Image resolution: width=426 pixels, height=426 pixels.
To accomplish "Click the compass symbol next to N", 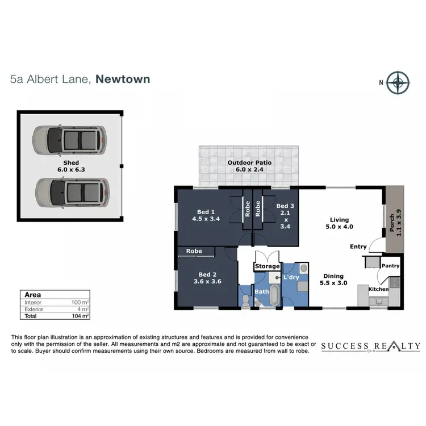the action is [x=399, y=82].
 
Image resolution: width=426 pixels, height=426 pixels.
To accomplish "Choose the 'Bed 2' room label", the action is [x=206, y=275].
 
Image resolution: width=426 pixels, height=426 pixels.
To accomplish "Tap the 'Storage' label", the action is [x=267, y=266].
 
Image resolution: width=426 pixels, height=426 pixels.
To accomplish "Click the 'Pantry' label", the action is [x=391, y=265].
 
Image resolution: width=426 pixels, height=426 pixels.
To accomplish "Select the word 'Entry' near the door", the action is [x=358, y=247].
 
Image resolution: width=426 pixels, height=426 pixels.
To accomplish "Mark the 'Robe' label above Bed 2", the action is [x=194, y=250].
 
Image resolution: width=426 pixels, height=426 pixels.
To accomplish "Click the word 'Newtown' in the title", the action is [x=123, y=79].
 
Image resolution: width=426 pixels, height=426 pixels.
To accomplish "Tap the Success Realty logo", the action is [x=370, y=346].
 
